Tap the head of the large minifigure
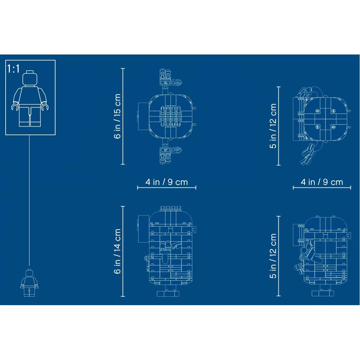click(30, 78)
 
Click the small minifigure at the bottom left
click(30, 283)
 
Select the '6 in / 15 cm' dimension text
click(117, 116)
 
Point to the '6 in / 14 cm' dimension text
click(117, 251)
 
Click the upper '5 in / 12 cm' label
click(273, 126)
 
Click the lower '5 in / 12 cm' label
click(273, 256)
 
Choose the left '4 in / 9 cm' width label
click(167, 182)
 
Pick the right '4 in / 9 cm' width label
click(322, 182)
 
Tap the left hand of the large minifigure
click(15, 107)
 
